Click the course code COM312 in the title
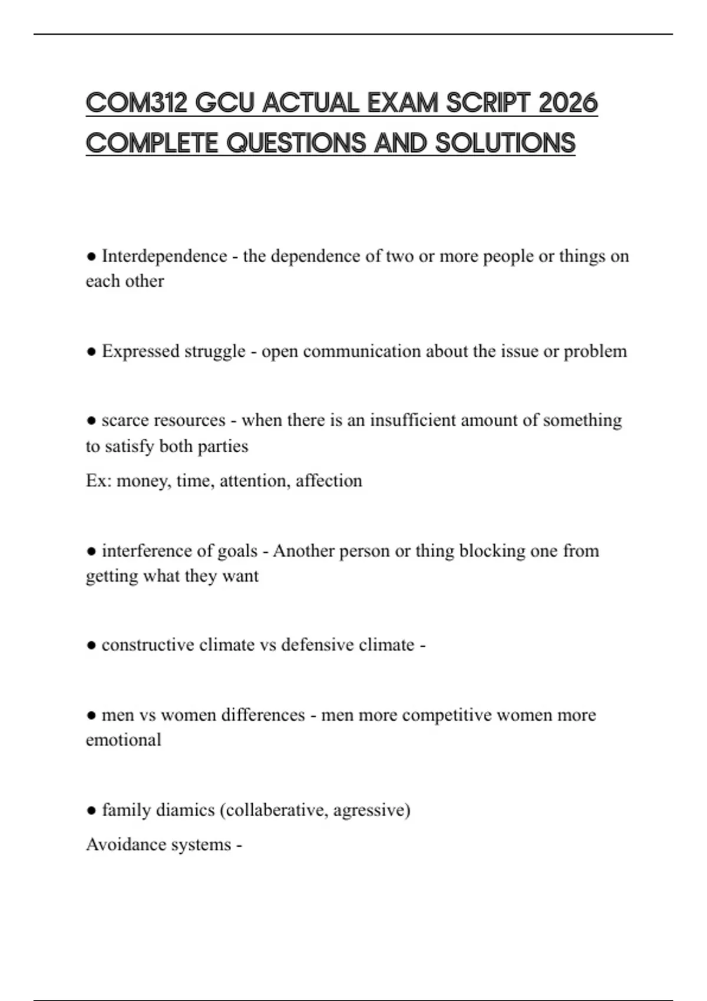136,104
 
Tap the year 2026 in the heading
569,104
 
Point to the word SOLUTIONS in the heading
505,143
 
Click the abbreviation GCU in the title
225,104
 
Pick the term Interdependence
164,256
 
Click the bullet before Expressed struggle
91,352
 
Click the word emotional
123,740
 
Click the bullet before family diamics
91,811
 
